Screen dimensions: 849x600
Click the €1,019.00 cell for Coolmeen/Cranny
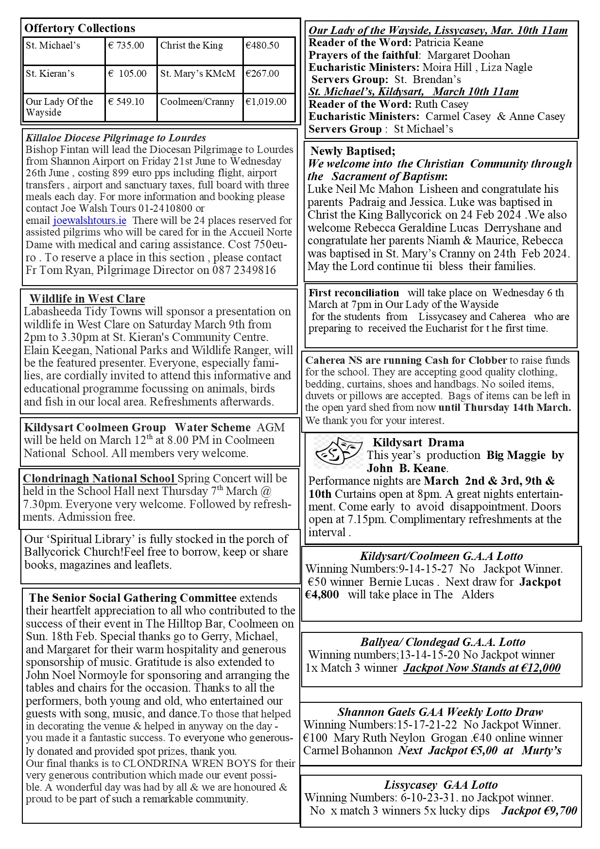(x=266, y=102)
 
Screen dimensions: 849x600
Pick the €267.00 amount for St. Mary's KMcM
(x=262, y=74)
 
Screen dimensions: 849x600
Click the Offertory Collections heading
(x=80, y=28)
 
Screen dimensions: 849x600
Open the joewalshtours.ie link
(x=89, y=221)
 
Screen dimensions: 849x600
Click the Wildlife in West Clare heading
(x=87, y=299)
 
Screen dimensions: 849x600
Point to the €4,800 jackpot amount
(x=322, y=595)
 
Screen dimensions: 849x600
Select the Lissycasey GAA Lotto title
(x=441, y=785)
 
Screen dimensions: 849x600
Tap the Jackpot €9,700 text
(x=539, y=810)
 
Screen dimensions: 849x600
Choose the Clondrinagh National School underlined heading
(x=99, y=478)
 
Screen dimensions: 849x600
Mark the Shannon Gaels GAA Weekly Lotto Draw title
(x=440, y=712)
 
